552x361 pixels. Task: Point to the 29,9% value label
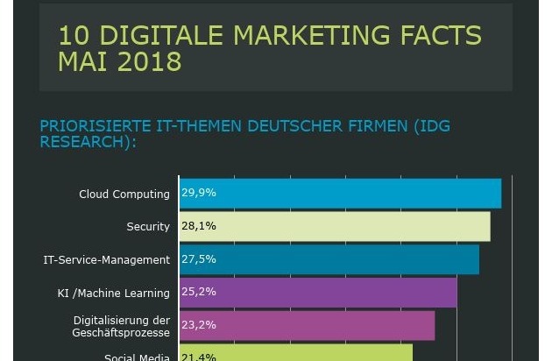pos(199,193)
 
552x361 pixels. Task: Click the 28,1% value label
pos(199,226)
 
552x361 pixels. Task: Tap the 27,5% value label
pos(199,259)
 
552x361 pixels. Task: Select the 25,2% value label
pos(199,292)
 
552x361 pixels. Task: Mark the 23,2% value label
pos(199,325)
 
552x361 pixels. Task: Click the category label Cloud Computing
pos(124,195)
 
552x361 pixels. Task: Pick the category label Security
pos(148,227)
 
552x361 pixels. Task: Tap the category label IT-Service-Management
pos(107,260)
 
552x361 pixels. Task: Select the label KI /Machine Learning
pos(114,294)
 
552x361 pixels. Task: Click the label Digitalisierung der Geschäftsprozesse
pos(122,327)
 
